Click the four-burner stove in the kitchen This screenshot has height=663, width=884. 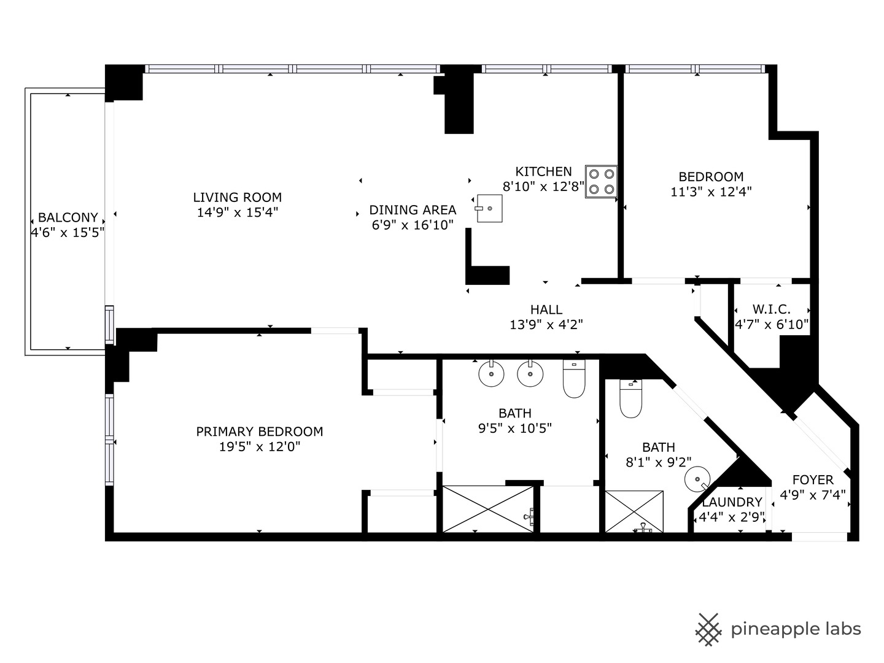(x=601, y=182)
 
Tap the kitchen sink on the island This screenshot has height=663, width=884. (x=489, y=209)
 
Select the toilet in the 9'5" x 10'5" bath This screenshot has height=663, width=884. (x=574, y=379)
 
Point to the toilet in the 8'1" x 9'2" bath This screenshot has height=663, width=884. (x=630, y=400)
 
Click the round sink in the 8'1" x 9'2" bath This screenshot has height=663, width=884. (x=697, y=479)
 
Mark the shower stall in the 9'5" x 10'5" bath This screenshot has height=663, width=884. (x=488, y=509)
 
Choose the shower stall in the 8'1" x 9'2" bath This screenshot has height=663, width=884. (x=634, y=511)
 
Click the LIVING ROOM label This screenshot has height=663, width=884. (x=238, y=198)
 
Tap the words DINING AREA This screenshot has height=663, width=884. (x=413, y=210)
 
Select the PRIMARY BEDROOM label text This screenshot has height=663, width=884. (x=260, y=432)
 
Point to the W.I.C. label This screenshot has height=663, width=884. (x=771, y=310)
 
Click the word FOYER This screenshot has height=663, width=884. (x=813, y=480)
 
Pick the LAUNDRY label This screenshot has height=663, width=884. (x=732, y=502)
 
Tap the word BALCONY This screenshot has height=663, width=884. (x=68, y=217)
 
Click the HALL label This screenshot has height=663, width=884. (x=546, y=310)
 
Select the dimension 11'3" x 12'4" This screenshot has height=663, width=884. (x=711, y=192)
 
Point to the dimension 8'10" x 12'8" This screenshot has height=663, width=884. (x=543, y=187)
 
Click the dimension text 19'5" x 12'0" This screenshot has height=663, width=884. (x=260, y=447)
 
